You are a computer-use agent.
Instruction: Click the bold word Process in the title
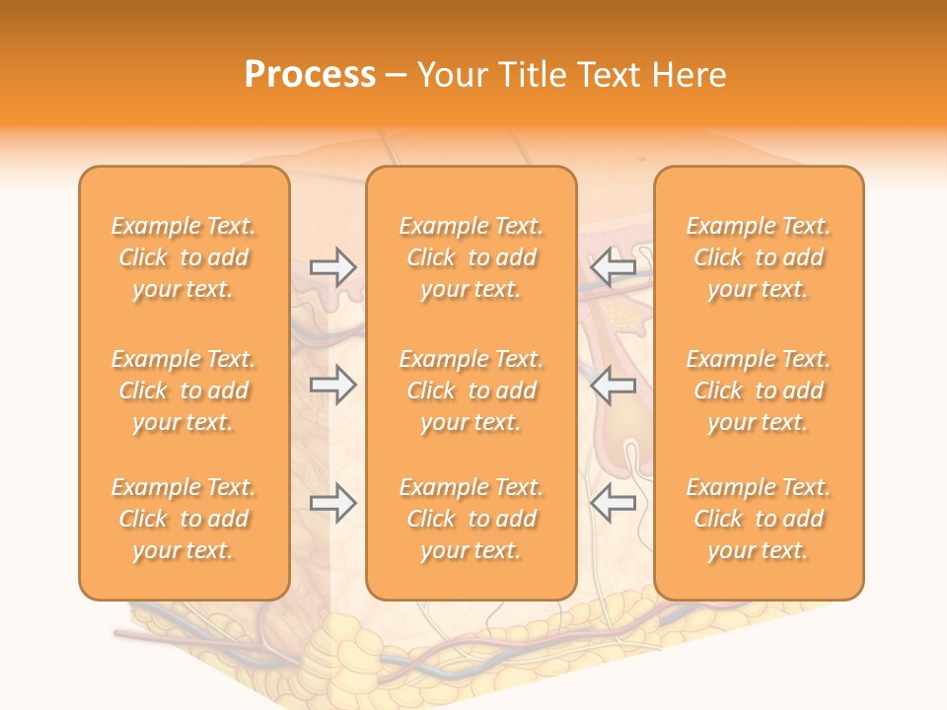tap(310, 75)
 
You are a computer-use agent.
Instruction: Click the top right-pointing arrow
tap(332, 266)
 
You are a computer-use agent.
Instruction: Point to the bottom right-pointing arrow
tap(332, 503)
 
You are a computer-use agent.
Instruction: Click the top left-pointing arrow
tap(614, 266)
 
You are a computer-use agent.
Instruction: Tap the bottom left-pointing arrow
tap(614, 503)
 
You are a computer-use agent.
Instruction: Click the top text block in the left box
tap(183, 257)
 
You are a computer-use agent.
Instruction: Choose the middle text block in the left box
tap(183, 390)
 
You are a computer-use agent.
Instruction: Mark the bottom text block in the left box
tap(183, 519)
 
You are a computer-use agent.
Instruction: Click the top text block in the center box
tap(471, 257)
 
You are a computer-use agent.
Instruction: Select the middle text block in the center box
tap(471, 390)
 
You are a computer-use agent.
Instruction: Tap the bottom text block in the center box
tap(471, 519)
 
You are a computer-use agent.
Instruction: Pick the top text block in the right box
tap(758, 257)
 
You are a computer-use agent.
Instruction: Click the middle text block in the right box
tap(758, 390)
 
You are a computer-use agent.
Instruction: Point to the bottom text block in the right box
tap(758, 519)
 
